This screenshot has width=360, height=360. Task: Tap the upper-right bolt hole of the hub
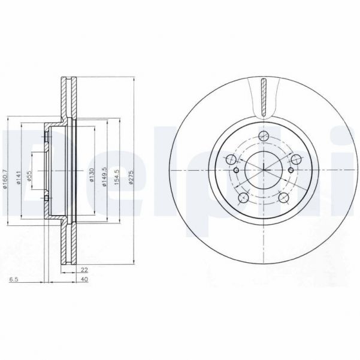(x=296, y=159)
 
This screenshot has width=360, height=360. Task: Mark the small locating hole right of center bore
(x=291, y=170)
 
